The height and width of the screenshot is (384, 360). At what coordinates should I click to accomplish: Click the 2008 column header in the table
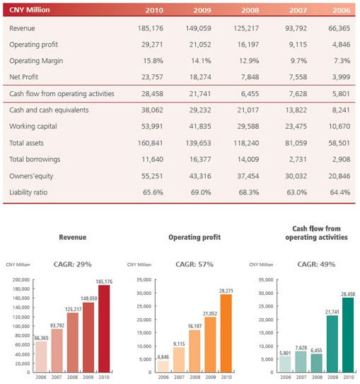(250, 10)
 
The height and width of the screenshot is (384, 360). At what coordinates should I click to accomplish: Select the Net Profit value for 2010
(152, 77)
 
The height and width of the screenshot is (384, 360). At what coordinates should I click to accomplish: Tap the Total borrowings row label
(35, 159)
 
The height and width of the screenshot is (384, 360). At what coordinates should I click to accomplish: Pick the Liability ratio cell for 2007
(296, 192)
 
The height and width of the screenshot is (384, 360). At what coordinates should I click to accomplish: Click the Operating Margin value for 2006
(342, 61)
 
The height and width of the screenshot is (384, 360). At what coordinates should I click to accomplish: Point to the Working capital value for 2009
(200, 127)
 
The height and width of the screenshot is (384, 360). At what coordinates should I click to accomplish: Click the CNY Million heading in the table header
(30, 10)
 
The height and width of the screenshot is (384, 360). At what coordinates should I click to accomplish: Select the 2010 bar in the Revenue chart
(104, 329)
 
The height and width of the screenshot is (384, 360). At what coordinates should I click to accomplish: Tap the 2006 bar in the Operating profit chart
(163, 366)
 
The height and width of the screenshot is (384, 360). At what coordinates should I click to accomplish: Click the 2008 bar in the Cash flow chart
(317, 363)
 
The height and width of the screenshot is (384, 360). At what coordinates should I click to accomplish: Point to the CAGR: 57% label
(194, 264)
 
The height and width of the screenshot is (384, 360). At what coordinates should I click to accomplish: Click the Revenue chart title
(72, 237)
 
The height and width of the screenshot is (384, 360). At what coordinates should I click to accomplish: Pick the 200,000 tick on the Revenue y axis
(21, 279)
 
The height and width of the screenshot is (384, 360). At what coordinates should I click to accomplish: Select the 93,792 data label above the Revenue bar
(57, 325)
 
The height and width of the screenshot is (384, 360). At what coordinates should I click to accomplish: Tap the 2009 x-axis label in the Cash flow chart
(332, 377)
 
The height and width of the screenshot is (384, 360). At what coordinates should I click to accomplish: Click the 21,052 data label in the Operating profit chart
(210, 314)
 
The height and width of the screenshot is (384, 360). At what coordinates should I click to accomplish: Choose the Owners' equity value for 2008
(248, 176)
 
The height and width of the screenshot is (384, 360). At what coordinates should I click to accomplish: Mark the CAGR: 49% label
(316, 264)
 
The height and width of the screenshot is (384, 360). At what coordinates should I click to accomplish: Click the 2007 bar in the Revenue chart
(57, 351)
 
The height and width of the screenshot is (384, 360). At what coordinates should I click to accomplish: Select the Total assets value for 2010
(151, 143)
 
